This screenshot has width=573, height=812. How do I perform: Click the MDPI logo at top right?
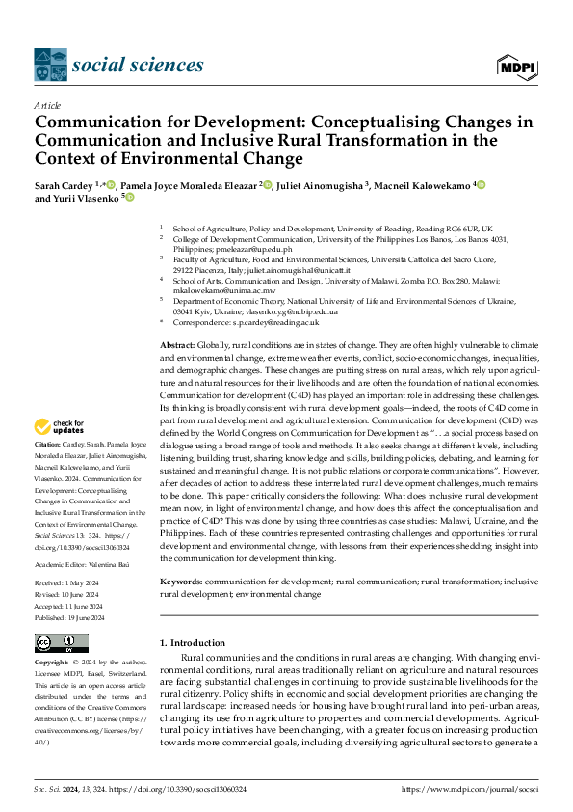pyautogui.click(x=517, y=66)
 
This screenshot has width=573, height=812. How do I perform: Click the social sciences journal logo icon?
pyautogui.click(x=50, y=66)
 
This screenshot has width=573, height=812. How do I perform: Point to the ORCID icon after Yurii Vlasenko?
pyautogui.click(x=129, y=199)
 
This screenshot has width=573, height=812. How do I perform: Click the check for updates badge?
pyautogui.click(x=62, y=425)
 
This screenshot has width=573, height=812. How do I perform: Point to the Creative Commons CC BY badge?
pyautogui.click(x=61, y=643)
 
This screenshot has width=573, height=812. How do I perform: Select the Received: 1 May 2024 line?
pyautogui.click(x=67, y=583)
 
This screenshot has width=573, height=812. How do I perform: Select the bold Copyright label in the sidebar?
pyautogui.click(x=52, y=663)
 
